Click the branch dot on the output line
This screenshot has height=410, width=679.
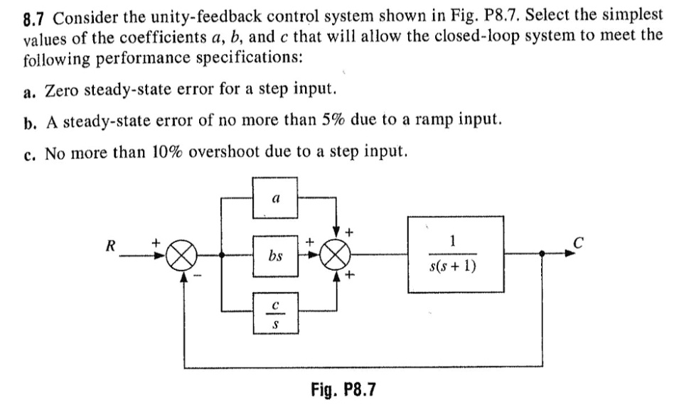pyautogui.click(x=543, y=254)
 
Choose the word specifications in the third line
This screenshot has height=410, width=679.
pyautogui.click(x=255, y=56)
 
